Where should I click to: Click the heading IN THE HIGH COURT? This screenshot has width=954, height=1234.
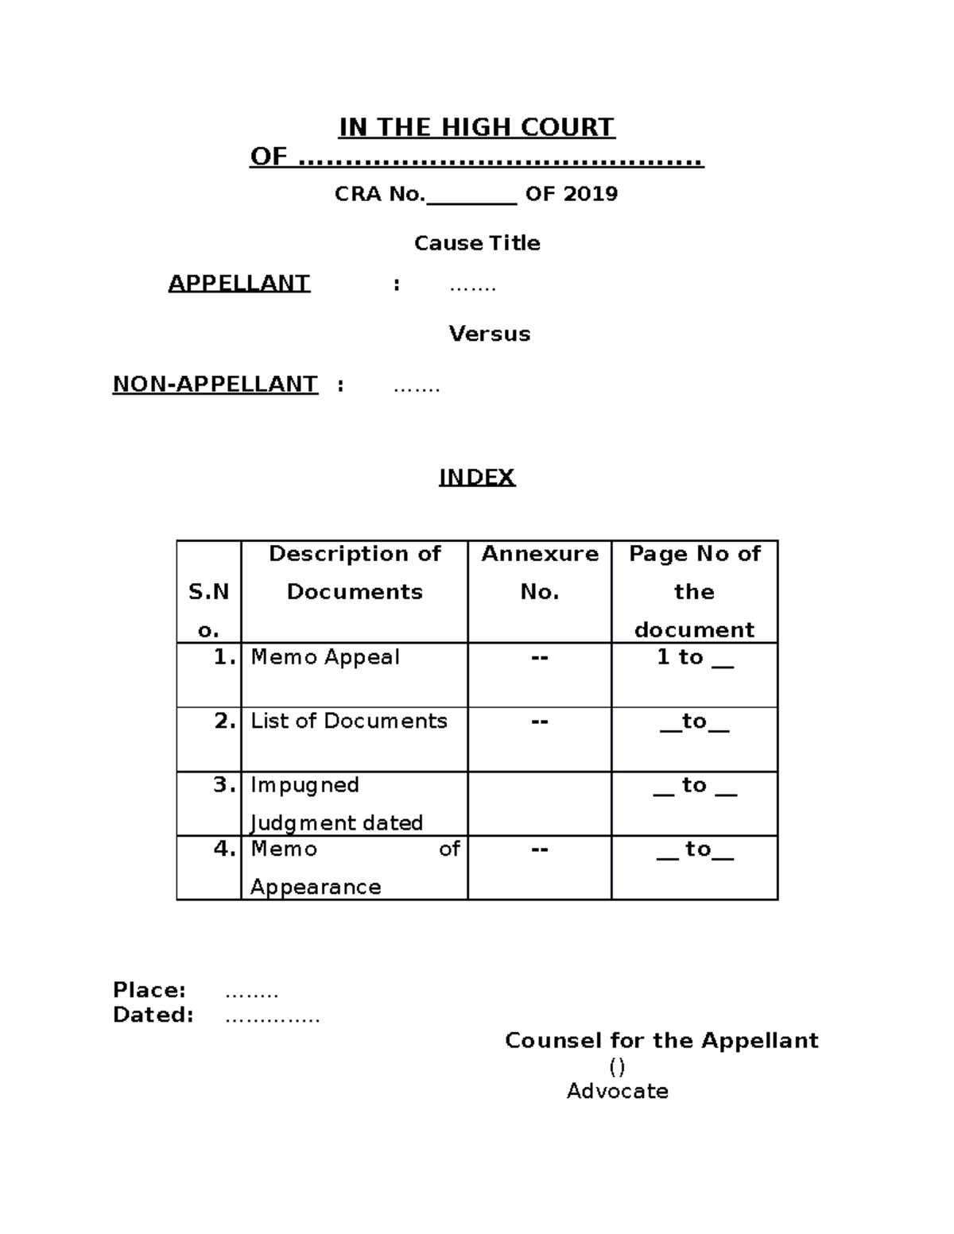(476, 128)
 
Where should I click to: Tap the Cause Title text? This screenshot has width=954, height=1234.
(477, 243)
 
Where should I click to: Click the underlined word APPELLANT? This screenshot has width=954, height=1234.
(238, 284)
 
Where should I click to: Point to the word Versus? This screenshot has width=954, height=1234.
(489, 334)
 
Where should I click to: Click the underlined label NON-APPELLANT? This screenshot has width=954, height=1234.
(215, 385)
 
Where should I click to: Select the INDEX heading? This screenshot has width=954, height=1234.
(477, 477)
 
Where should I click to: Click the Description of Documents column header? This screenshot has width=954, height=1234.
(355, 572)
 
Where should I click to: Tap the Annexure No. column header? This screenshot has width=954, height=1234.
(539, 572)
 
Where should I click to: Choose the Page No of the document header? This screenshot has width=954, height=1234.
(694, 591)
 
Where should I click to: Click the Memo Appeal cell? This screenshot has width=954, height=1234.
(325, 658)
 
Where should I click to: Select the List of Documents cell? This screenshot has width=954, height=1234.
(348, 721)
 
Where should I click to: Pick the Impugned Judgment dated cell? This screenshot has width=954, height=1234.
(336, 803)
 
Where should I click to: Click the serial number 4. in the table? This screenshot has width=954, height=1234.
(225, 849)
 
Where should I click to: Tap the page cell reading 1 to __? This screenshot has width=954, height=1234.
(694, 658)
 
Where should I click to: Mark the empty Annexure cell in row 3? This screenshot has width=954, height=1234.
(539, 803)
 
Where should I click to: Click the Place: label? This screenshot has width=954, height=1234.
(149, 990)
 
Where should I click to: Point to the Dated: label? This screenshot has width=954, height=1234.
(153, 1015)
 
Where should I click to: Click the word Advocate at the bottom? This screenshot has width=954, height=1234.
(617, 1091)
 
